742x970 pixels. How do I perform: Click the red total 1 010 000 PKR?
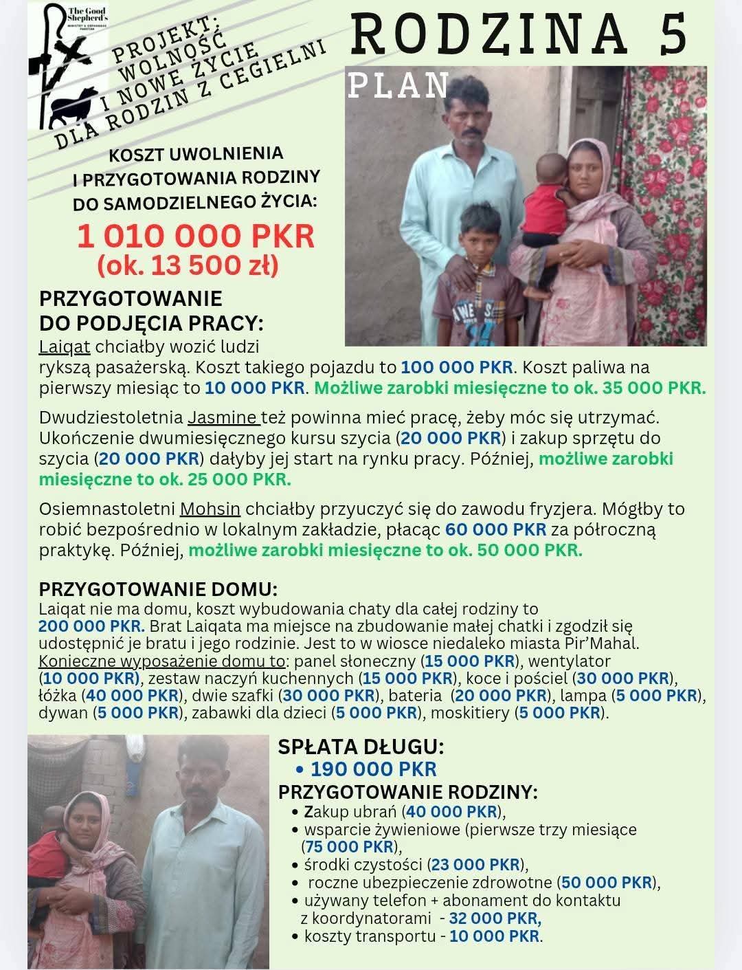[x=195, y=236]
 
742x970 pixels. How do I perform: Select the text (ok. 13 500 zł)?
[x=188, y=265]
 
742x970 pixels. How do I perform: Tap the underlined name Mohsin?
[x=210, y=509]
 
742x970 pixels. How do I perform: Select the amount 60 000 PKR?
[x=495, y=529]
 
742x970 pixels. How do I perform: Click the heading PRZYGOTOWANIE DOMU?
[x=158, y=590]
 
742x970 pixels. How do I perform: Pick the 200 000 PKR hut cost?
[x=91, y=626]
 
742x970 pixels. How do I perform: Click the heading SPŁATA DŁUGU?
[x=361, y=747]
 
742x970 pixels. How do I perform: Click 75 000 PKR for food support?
[x=350, y=846]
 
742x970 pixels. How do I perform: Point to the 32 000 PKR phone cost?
[x=495, y=918]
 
